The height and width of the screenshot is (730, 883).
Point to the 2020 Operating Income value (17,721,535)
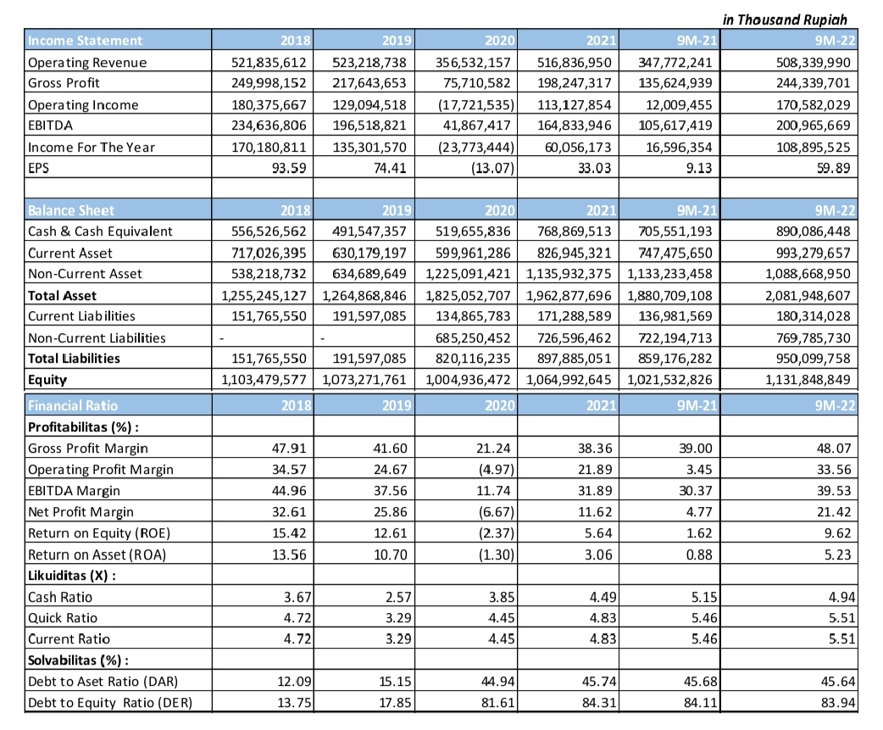pos(475,104)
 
